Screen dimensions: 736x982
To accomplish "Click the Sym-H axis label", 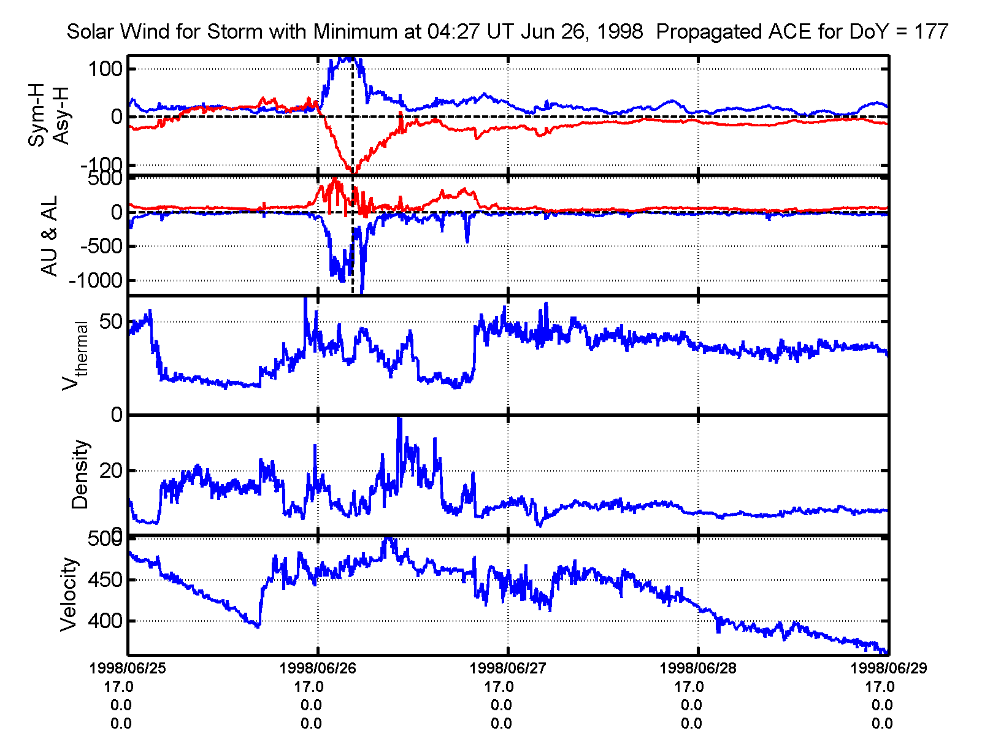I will [x=37, y=116].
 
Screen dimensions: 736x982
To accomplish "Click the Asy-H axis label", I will [x=61, y=116].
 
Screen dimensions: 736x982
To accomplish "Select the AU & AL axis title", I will [x=49, y=236].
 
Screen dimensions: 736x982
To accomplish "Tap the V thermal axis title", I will [x=74, y=356].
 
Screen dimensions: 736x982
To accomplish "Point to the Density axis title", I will [x=80, y=475].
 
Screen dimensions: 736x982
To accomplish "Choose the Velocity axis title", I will [x=69, y=594].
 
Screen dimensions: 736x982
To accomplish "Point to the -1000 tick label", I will [x=96, y=281].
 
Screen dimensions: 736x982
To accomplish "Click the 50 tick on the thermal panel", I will [x=110, y=321].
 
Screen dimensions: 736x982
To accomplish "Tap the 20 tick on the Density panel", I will [x=110, y=471].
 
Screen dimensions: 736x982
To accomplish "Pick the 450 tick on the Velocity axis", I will [x=105, y=580].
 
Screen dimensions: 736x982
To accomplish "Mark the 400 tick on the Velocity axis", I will [x=105, y=621].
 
